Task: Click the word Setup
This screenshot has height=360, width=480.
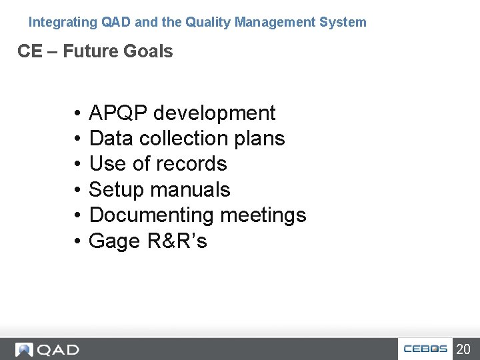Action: [117, 190]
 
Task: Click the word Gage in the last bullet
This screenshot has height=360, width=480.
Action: [115, 241]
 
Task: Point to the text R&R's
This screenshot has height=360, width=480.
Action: [177, 241]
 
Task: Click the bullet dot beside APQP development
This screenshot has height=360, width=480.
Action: [78, 114]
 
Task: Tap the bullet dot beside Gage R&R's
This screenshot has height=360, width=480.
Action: [78, 241]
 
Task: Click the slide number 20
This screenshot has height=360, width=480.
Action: [463, 349]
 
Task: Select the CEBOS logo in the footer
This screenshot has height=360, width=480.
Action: [425, 349]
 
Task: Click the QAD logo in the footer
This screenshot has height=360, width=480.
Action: [48, 349]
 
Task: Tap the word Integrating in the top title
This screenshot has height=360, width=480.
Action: [63, 22]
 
